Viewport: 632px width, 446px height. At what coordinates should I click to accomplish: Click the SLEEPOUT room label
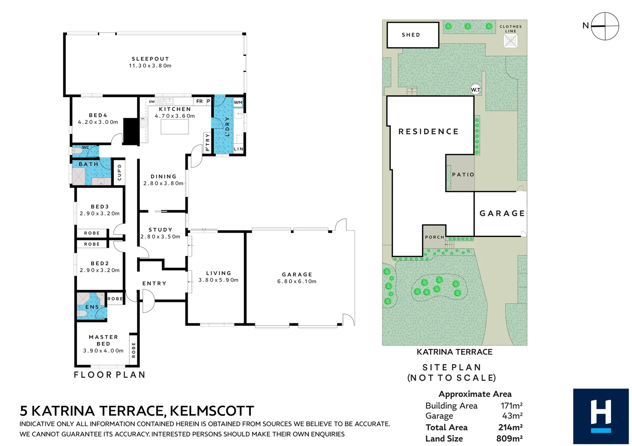(x=150, y=59)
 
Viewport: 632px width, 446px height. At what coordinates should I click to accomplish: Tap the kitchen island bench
(x=174, y=127)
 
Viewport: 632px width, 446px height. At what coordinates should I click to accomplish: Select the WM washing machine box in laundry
(x=238, y=102)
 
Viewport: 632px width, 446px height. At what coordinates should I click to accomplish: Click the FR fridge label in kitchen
(x=200, y=101)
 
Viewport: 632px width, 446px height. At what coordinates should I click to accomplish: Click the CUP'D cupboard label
(x=119, y=172)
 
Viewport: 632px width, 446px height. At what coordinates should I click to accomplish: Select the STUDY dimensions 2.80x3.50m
(x=160, y=237)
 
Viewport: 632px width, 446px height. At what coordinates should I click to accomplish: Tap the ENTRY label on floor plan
(x=154, y=283)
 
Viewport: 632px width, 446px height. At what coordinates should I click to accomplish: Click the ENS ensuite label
(x=92, y=307)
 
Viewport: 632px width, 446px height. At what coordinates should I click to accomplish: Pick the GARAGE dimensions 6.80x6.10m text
(x=297, y=281)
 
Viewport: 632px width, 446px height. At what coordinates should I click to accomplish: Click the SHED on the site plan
(x=412, y=35)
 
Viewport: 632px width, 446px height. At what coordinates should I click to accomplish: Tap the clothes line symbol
(x=510, y=41)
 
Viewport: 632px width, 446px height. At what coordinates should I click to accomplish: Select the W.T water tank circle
(x=476, y=90)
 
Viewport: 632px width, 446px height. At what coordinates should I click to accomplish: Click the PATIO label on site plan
(x=463, y=175)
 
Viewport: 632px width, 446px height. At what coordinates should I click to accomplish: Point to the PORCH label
(x=434, y=237)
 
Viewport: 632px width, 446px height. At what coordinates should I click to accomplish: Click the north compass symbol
(x=604, y=26)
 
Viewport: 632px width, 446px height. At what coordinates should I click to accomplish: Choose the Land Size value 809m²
(x=509, y=439)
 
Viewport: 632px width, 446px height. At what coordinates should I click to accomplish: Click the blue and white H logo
(x=601, y=416)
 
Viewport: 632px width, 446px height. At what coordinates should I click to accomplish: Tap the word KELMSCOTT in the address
(x=212, y=411)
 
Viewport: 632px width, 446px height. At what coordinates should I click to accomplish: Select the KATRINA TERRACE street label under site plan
(x=454, y=352)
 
